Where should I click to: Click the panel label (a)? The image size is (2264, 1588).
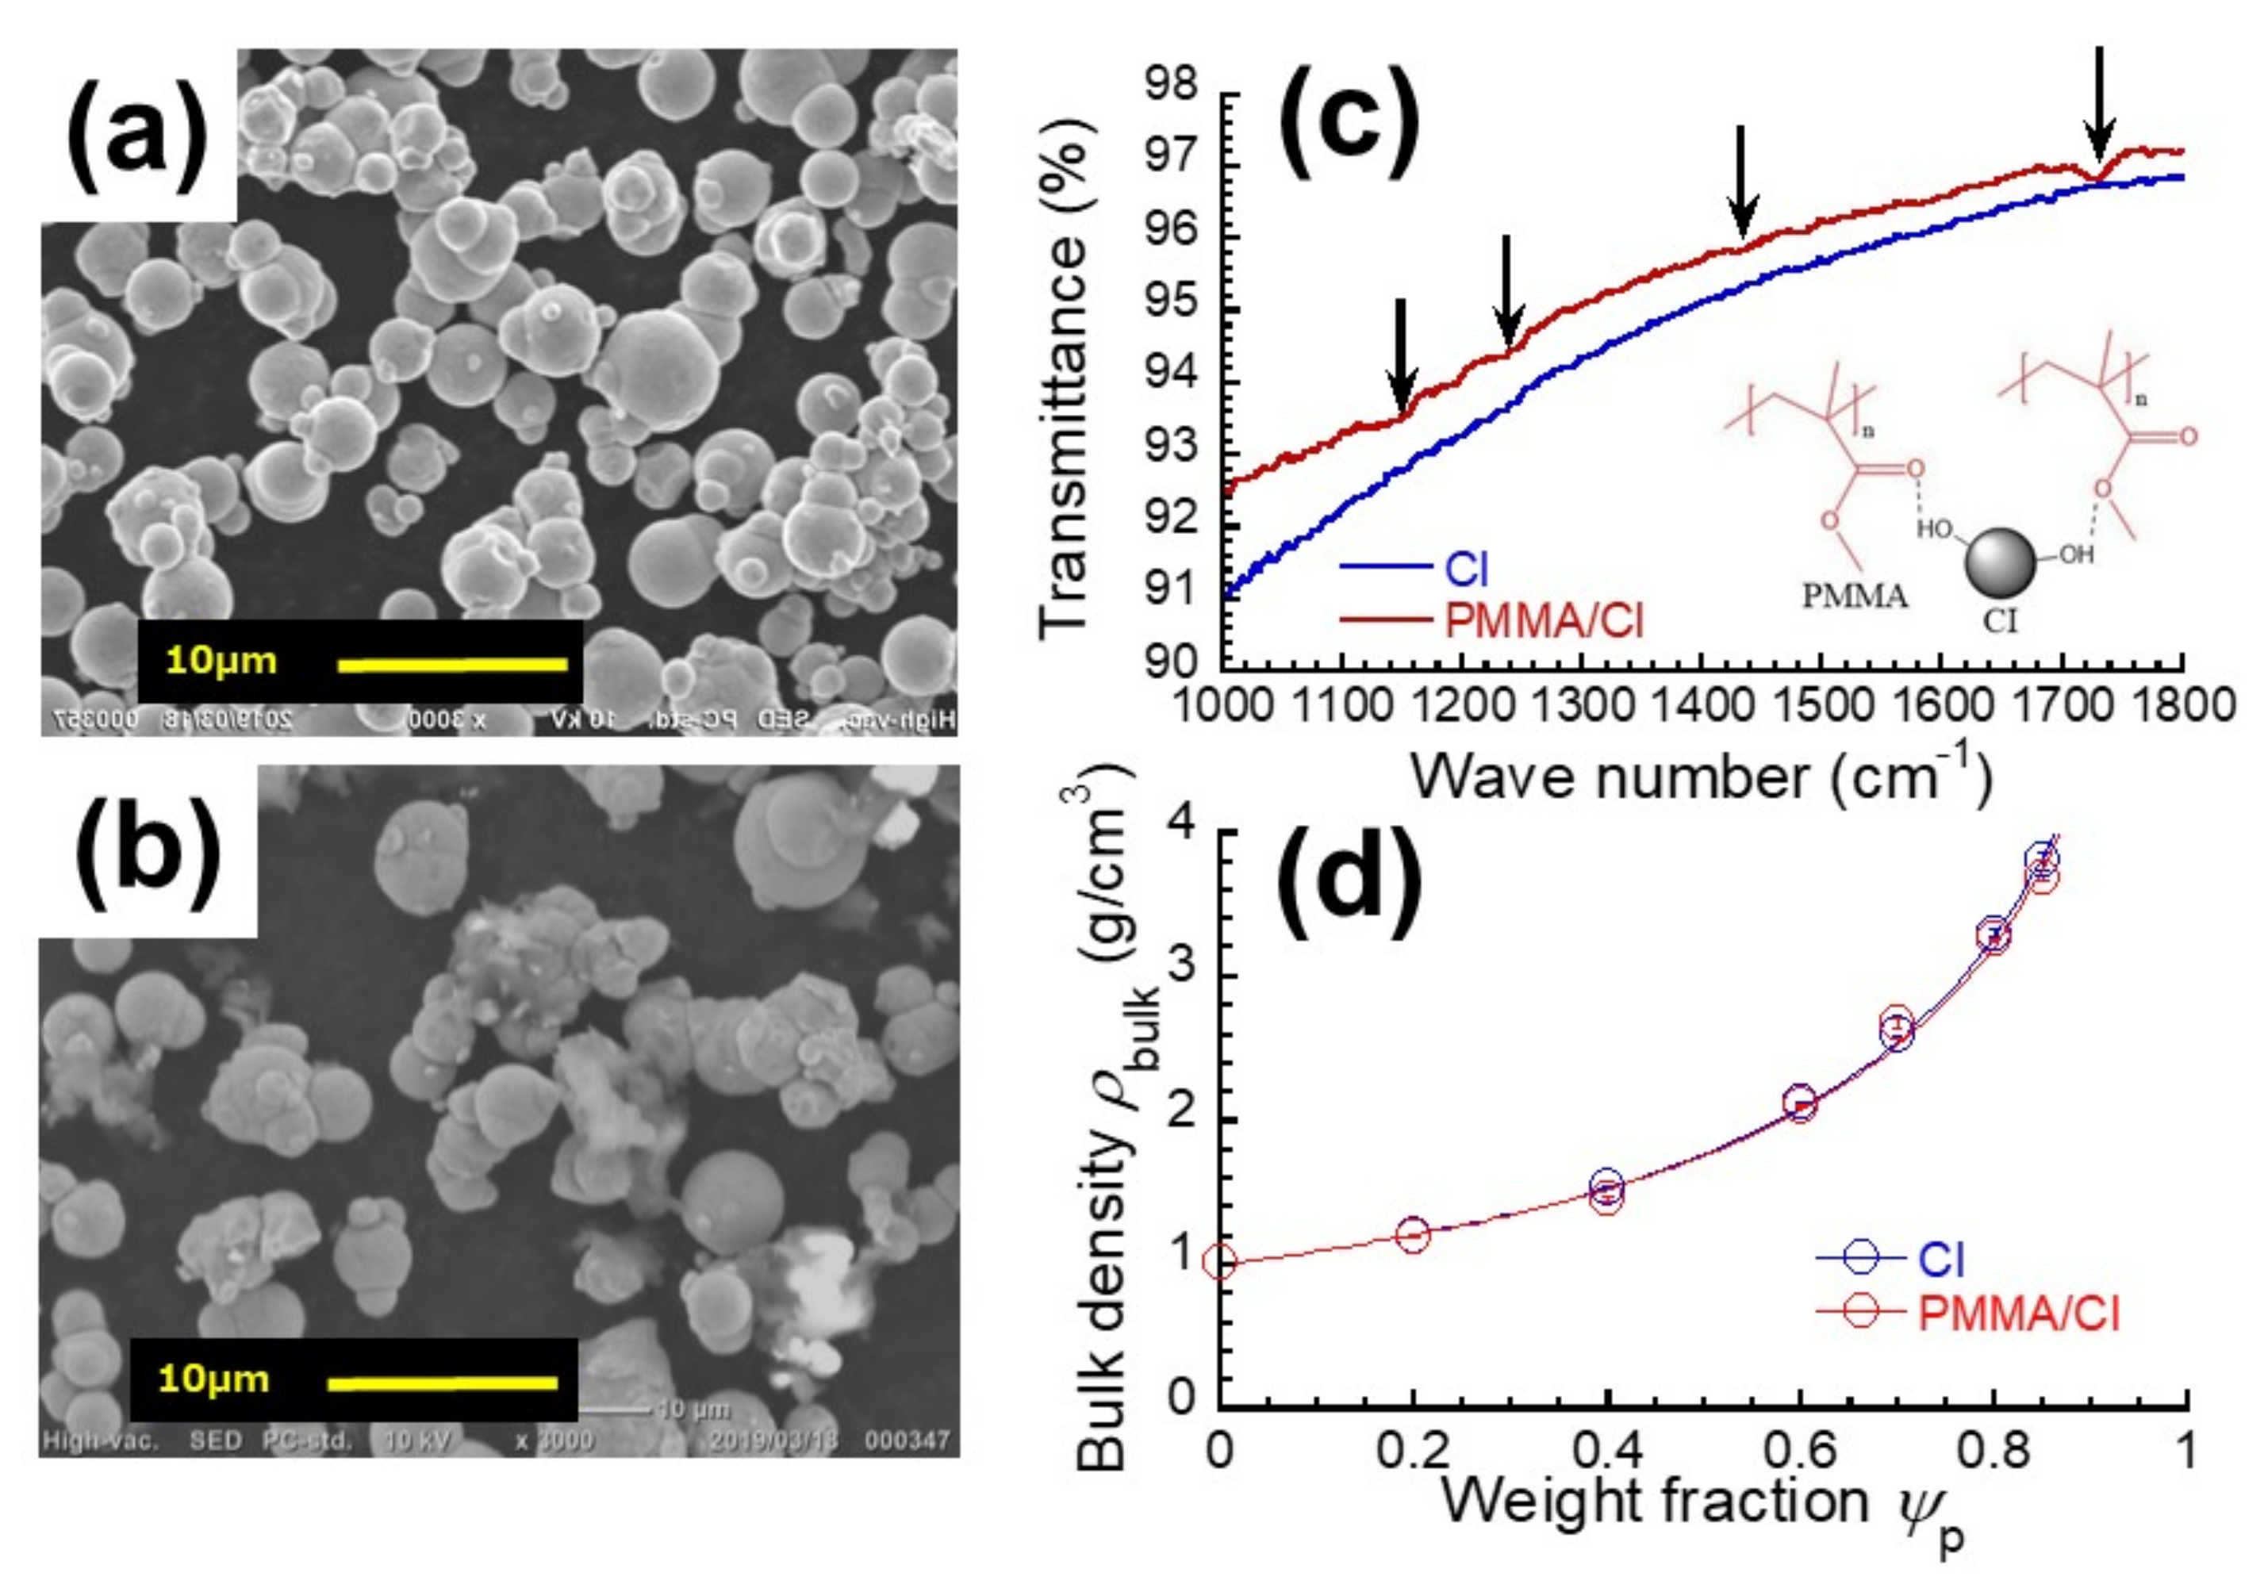137,136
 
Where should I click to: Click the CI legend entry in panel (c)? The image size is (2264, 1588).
1466,569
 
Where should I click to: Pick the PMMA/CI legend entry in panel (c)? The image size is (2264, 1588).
1543,621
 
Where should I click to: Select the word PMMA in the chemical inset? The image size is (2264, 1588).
1854,596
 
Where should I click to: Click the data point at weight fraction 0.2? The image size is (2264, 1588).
1412,1233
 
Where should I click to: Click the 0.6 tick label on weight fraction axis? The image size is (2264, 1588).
1800,1451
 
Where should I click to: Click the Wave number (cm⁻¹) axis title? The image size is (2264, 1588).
1701,777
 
